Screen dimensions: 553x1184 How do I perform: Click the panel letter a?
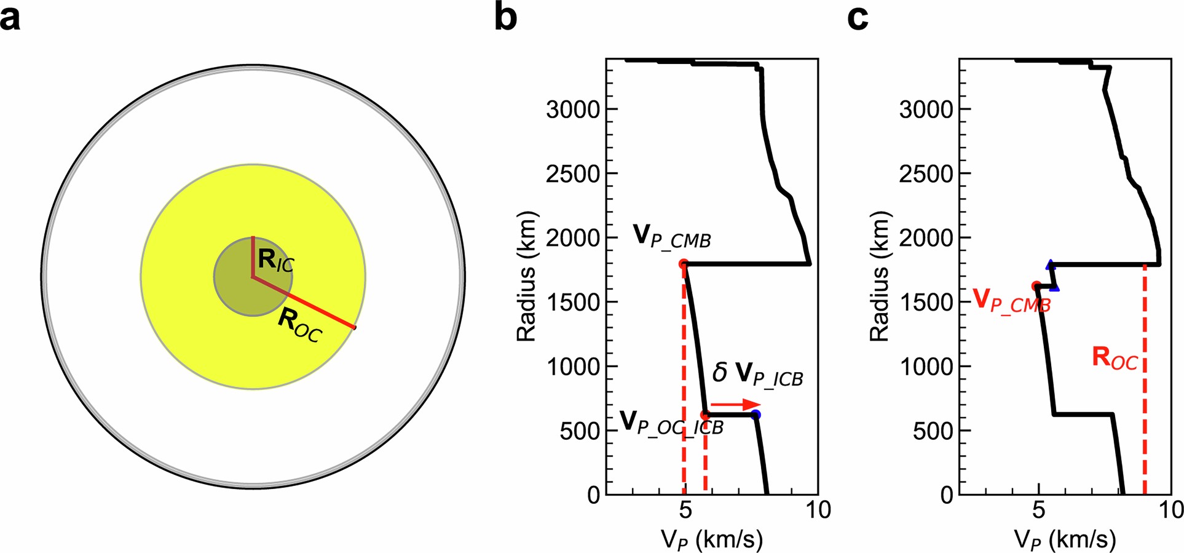(10, 18)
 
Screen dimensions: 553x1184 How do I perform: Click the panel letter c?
(858, 18)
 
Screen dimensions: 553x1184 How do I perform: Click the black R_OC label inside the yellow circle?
(299, 325)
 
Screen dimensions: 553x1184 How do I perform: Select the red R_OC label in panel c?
(1115, 358)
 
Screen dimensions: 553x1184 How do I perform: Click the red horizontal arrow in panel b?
(735, 404)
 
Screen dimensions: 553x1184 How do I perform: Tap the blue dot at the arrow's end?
(756, 415)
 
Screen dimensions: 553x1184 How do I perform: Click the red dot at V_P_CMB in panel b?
(683, 264)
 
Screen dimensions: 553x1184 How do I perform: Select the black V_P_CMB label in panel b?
(671, 237)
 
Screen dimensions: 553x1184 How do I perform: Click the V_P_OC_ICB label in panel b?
(671, 423)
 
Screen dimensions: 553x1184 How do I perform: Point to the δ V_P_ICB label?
(757, 374)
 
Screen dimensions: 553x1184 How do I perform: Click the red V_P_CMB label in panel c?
(1011, 301)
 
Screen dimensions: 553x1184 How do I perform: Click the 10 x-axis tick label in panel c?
(1169, 509)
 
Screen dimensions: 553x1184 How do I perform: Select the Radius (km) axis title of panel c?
(879, 276)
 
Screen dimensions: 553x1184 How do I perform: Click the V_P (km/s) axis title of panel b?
(711, 539)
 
